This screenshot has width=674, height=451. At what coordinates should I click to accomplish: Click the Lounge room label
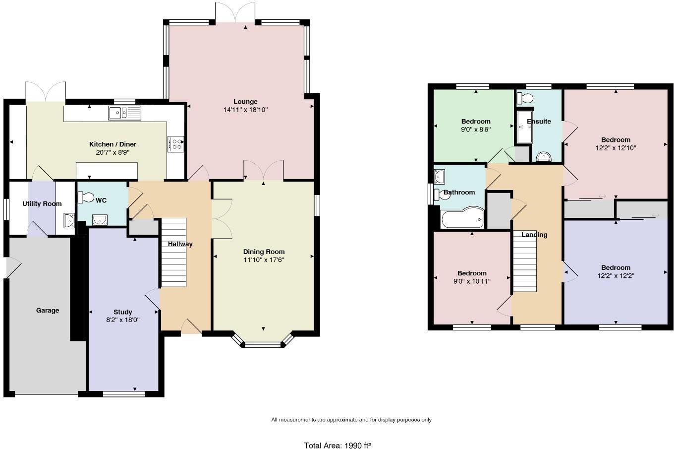[x=245, y=102]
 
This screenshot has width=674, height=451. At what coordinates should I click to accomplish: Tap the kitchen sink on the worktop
[x=124, y=113]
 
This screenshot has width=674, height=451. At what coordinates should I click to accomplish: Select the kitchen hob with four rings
[x=176, y=144]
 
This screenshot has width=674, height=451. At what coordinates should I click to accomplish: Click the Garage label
[x=48, y=310]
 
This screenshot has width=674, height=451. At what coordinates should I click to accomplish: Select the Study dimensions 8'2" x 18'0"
[x=123, y=320]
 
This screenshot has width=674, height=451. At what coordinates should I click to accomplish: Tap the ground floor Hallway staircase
[x=173, y=252]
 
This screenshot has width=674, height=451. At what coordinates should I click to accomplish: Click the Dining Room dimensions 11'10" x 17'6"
[x=264, y=259]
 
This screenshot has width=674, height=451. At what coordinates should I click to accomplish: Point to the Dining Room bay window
[x=263, y=342]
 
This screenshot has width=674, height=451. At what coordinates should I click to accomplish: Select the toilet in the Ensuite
[x=523, y=98]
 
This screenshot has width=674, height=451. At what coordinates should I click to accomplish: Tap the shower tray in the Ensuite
[x=523, y=127]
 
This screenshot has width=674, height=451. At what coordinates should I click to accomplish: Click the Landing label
[x=534, y=235]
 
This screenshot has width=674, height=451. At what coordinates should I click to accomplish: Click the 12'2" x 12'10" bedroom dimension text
[x=616, y=148]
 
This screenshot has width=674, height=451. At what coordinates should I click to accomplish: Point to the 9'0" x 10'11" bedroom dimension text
[x=472, y=281]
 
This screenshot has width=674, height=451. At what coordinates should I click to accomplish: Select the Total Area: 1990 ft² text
[x=337, y=446]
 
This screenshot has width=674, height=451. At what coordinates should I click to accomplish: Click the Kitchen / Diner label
[x=112, y=144]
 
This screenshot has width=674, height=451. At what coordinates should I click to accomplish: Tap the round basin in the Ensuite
[x=544, y=157]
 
